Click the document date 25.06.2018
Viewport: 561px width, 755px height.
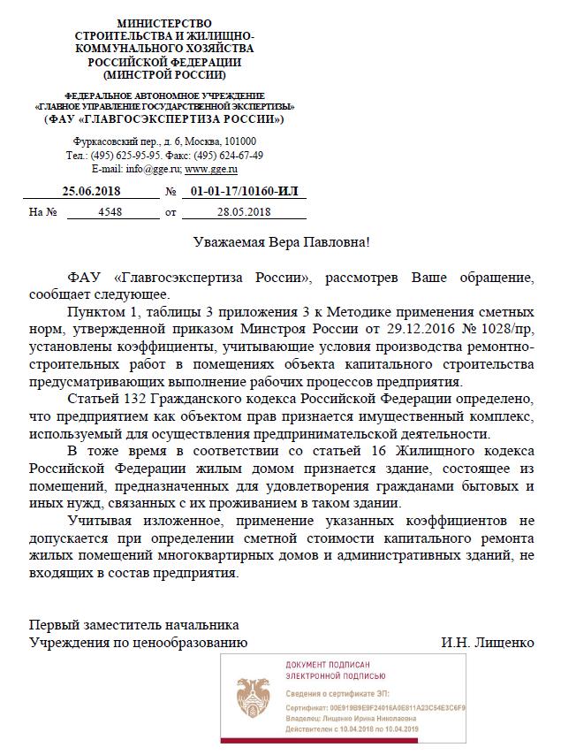[x=92, y=191]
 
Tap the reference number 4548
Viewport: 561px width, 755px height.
[x=110, y=211]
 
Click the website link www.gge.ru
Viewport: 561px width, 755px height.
[x=211, y=168]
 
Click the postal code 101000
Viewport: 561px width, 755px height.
[x=239, y=142]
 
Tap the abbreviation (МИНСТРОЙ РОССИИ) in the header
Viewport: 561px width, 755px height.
[x=165, y=75]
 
